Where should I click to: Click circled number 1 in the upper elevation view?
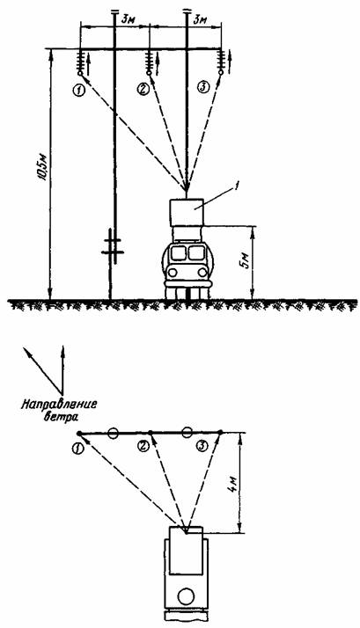click(79, 90)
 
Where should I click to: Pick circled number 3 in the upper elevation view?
click(203, 88)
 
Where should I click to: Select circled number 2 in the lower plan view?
click(143, 445)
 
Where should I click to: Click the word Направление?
click(59, 404)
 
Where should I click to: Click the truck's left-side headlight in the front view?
click(173, 273)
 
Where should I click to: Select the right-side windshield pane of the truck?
click(196, 253)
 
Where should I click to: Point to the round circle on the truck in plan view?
click(186, 597)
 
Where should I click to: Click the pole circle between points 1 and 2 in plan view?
click(114, 433)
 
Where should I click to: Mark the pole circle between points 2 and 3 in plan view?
click(186, 433)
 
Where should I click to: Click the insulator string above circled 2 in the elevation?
click(150, 61)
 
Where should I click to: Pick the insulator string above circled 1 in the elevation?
click(80, 61)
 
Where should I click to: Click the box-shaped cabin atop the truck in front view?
click(187, 212)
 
